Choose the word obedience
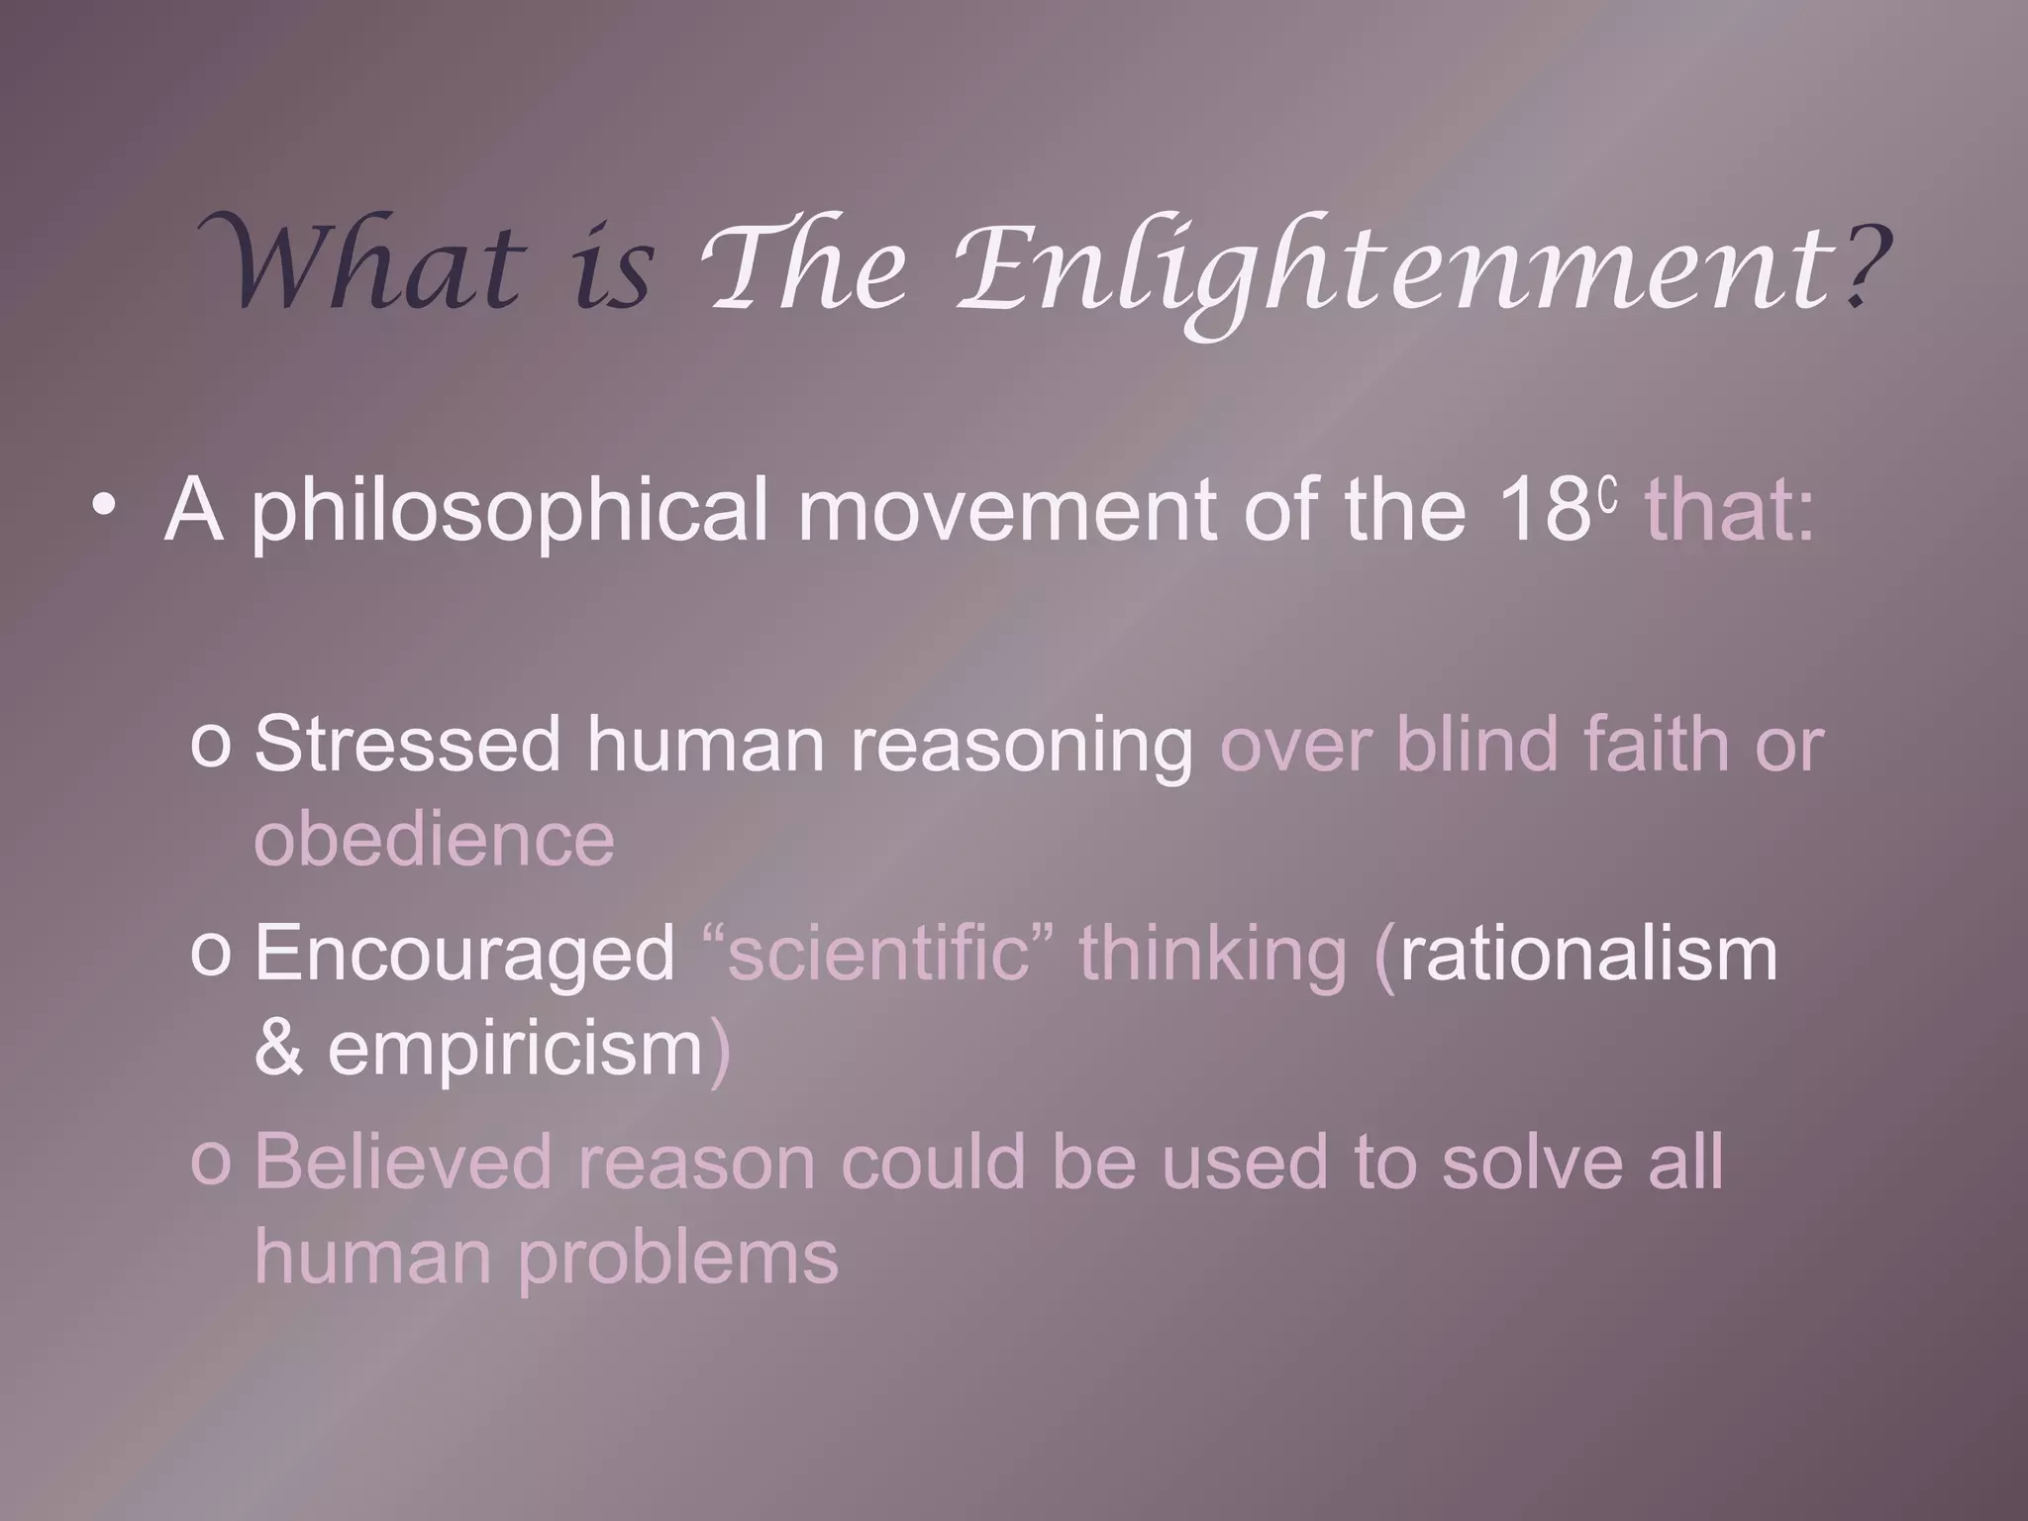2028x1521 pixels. (434, 840)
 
